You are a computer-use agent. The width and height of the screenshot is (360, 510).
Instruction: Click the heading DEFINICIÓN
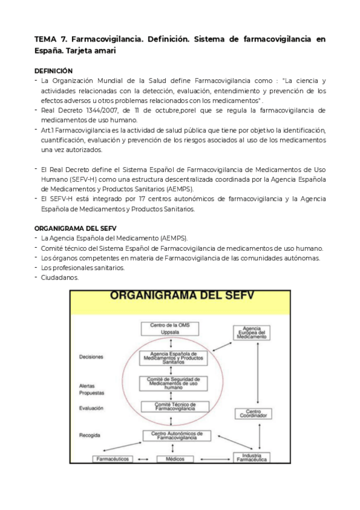[53, 70]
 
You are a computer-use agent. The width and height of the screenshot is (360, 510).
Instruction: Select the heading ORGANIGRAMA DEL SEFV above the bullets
[75, 228]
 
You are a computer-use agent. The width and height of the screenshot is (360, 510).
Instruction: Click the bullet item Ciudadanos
[59, 277]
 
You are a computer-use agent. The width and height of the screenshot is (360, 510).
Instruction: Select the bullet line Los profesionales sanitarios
[83, 268]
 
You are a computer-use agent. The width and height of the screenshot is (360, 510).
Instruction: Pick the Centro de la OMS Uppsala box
[171, 328]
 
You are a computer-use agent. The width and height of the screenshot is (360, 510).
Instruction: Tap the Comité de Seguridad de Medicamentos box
[173, 383]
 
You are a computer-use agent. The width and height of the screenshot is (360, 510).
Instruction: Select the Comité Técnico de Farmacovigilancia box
[173, 407]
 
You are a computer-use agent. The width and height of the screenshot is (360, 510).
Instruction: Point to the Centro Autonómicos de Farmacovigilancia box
[173, 435]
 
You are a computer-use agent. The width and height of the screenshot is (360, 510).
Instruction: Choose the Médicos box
[171, 459]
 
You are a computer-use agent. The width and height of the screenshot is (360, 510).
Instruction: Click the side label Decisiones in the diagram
[91, 357]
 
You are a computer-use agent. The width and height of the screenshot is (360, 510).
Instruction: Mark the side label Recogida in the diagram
[89, 434]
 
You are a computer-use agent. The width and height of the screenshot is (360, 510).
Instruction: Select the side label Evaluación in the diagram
[91, 408]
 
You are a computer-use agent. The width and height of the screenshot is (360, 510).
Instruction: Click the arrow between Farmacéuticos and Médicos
[143, 459]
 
